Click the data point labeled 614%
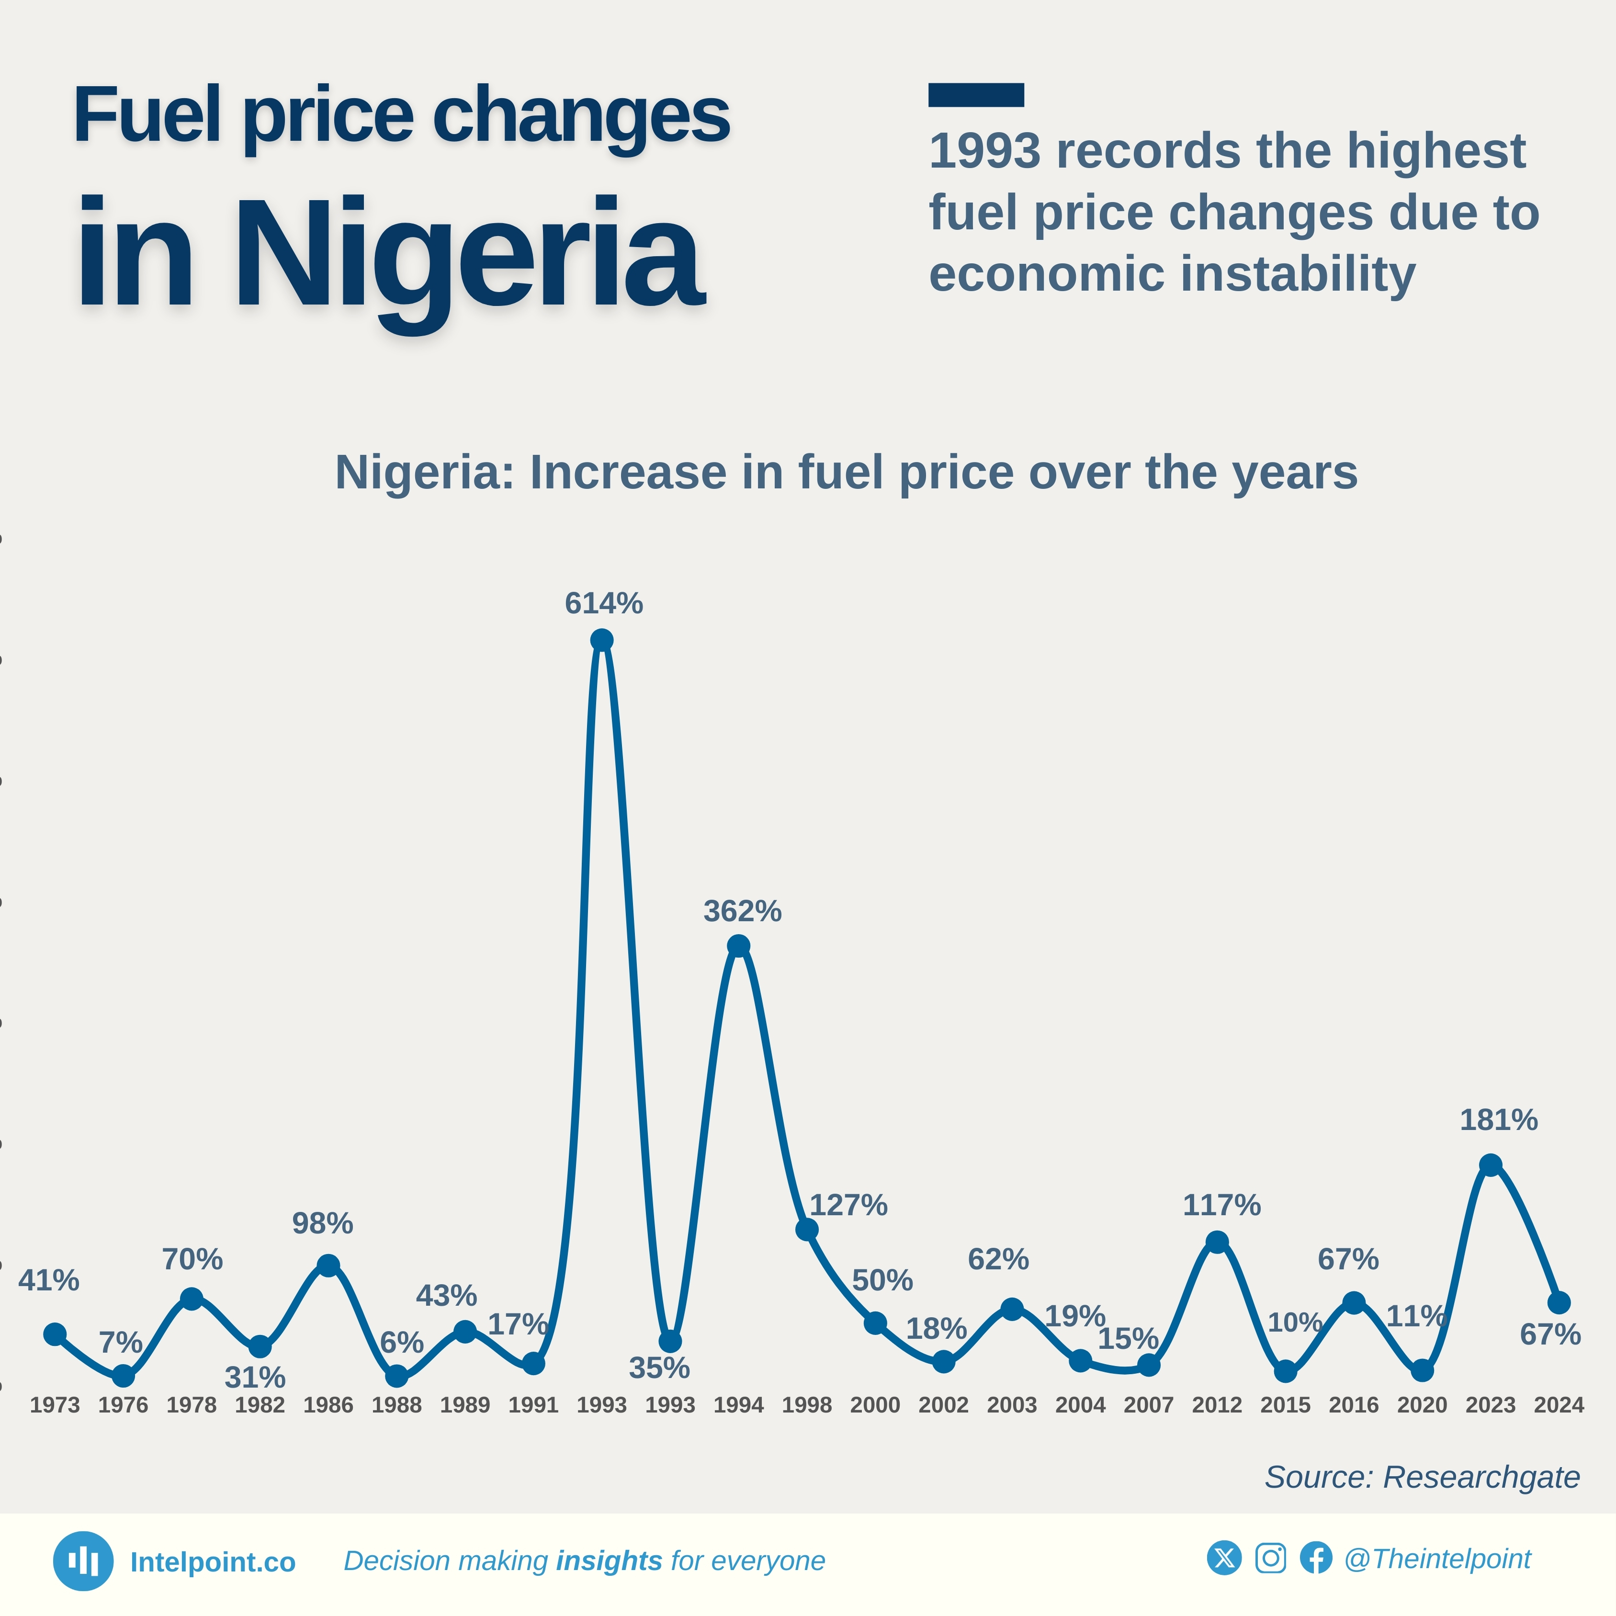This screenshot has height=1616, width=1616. (601, 640)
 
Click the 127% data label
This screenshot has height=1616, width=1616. (848, 1205)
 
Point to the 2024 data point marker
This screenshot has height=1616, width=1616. (1558, 1302)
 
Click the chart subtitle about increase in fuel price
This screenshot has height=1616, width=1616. (846, 473)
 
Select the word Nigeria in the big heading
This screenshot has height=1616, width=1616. (468, 255)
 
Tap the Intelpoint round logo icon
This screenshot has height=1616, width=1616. (83, 1561)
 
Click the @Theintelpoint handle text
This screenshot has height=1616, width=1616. (1437, 1559)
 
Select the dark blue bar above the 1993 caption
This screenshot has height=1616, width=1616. (975, 94)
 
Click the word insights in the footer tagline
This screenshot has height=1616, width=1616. (609, 1561)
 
